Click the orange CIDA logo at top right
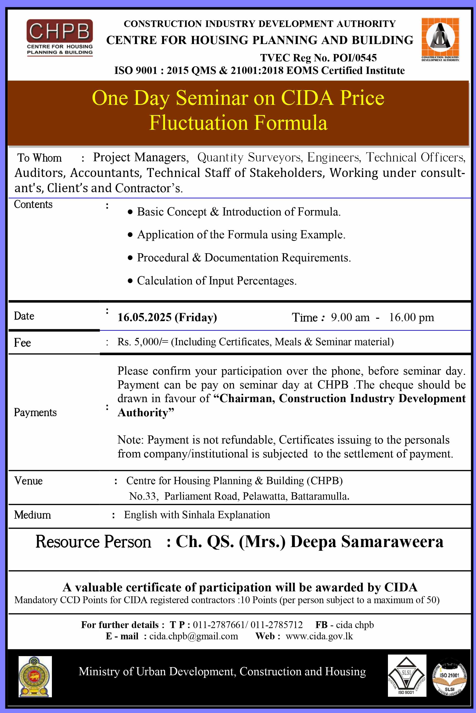pyautogui.click(x=440, y=40)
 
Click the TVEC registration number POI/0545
pyautogui.click(x=355, y=58)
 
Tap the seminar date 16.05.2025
pyautogui.click(x=144, y=317)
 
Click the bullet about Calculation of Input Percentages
pyautogui.click(x=217, y=281)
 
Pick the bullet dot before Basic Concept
pyautogui.click(x=130, y=212)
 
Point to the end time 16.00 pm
pyautogui.click(x=411, y=317)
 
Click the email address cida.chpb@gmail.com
pyautogui.click(x=193, y=636)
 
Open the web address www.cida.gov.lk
pyautogui.click(x=319, y=636)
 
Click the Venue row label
pyautogui.click(x=28, y=481)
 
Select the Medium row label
pyautogui.click(x=32, y=515)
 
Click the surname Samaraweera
pyautogui.click(x=392, y=542)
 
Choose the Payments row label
pyautogui.click(x=35, y=413)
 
